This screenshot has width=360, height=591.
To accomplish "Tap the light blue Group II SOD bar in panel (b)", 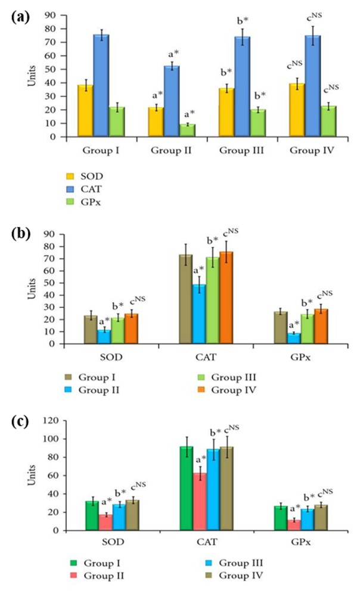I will pyautogui.click(x=104, y=337).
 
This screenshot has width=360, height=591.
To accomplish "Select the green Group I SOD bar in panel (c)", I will pyautogui.click(x=92, y=515).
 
